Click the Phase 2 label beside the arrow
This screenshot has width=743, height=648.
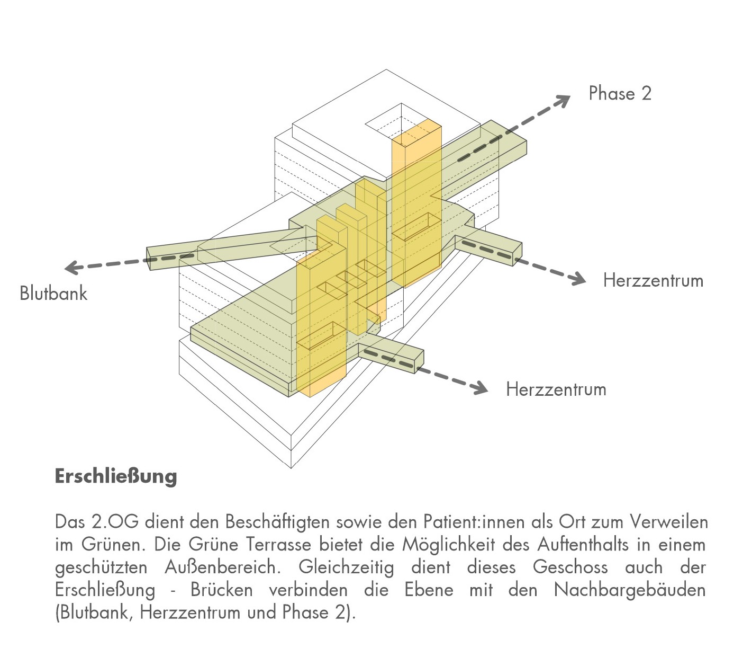[620, 94]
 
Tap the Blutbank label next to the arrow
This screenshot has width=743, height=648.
[53, 293]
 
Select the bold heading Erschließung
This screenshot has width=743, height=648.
[115, 476]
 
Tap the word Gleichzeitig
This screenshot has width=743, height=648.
[346, 567]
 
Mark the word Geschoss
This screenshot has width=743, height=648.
[570, 567]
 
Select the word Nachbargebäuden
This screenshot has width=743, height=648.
[630, 590]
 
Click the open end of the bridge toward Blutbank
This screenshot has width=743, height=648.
[150, 258]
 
